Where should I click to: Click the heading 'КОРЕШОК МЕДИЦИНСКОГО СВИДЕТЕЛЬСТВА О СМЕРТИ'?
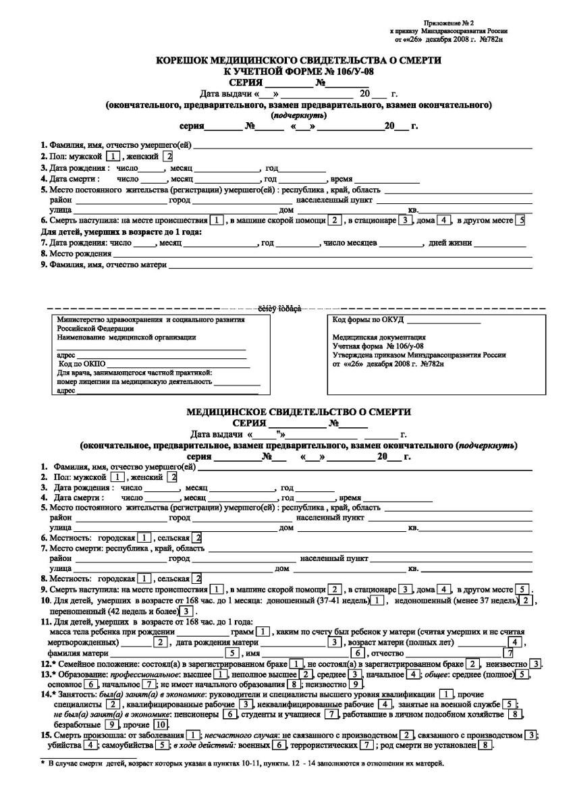pos(299,60)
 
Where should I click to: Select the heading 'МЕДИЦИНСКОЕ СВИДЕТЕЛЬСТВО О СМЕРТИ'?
pos(299,412)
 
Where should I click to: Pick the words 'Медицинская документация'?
pos(378,337)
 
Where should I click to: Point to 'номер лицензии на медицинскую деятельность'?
pos(135,381)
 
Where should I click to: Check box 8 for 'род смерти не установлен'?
pos(485,745)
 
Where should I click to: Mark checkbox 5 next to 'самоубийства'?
pos(162,745)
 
